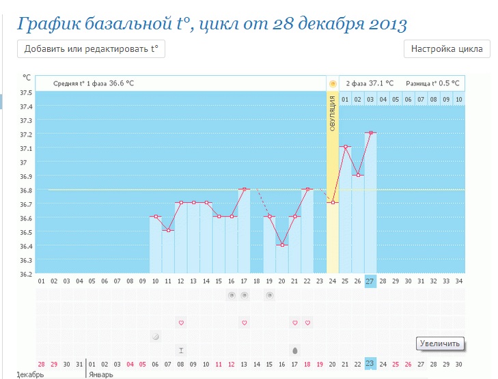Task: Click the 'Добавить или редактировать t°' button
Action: coord(91,49)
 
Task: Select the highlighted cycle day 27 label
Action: coord(370,281)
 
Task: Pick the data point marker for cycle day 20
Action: coord(282,244)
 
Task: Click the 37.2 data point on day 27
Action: coord(370,132)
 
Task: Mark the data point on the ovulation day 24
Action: coord(333,203)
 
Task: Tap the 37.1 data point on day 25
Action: coord(345,147)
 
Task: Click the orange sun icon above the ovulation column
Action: coord(333,83)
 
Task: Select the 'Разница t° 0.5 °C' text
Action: coord(433,83)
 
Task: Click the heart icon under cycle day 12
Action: coord(181,322)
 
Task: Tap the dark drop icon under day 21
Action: coord(294,350)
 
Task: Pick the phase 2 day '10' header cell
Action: coord(458,100)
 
